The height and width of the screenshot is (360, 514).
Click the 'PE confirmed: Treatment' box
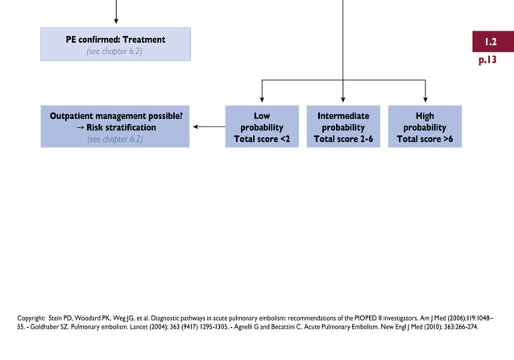coord(115,44)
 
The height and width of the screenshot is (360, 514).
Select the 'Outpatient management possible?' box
coord(115,126)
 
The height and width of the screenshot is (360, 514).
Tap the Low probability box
coord(261,126)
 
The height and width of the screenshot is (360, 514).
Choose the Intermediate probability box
coord(343,126)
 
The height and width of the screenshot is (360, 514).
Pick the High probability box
coord(425,126)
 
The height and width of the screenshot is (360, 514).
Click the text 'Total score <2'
coord(261,139)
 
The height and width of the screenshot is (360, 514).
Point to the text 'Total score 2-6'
coord(343,139)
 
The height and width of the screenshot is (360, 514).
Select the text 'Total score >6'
coord(425,139)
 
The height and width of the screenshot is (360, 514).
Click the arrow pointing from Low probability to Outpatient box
coord(208,126)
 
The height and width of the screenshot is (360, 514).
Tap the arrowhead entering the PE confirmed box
coord(115,22)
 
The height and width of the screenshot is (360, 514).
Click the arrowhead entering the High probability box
coord(425,100)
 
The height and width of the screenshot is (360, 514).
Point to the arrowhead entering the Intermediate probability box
coord(343,100)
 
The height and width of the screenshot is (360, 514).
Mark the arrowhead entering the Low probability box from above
coord(261,100)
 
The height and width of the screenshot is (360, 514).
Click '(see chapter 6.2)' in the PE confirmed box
coord(115,52)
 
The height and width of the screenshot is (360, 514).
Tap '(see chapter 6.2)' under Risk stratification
coord(115,139)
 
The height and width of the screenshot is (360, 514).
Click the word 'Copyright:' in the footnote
coord(33,318)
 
